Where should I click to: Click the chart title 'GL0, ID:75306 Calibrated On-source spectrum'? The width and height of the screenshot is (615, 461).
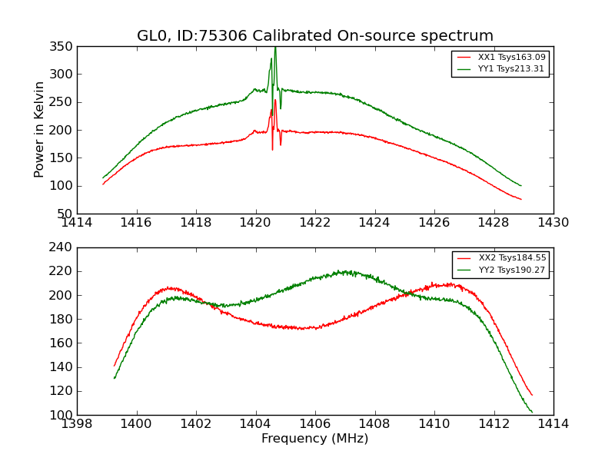pos(315,36)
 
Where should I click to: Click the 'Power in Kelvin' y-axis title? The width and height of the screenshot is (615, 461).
pos(39,130)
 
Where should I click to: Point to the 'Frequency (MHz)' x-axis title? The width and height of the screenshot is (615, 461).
pos(315,439)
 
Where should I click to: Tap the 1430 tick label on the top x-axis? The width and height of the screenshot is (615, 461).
pos(553,223)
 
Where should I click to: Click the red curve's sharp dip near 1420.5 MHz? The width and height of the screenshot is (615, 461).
pos(272,148)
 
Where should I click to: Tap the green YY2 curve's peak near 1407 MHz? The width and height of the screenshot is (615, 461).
pos(344,270)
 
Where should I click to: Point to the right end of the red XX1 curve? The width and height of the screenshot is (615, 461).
pos(520,200)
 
